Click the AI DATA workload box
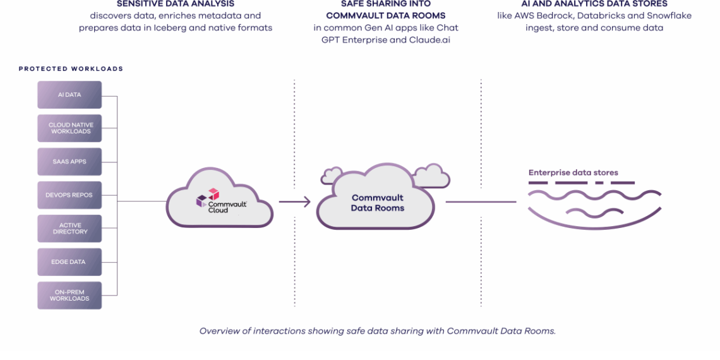69,95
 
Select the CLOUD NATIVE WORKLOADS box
69,128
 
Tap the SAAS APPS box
69,162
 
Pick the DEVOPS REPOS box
69,195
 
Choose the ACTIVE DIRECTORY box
69,229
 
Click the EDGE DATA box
69,262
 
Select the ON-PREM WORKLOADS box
69,296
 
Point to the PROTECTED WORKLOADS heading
71,69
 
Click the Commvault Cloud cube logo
208,197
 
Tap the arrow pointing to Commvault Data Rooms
295,202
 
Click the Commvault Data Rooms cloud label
377,203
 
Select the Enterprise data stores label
573,172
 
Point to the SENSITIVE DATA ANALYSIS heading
176,4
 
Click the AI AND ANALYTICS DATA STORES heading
594,4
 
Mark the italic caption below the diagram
377,331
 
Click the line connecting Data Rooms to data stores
481,202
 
